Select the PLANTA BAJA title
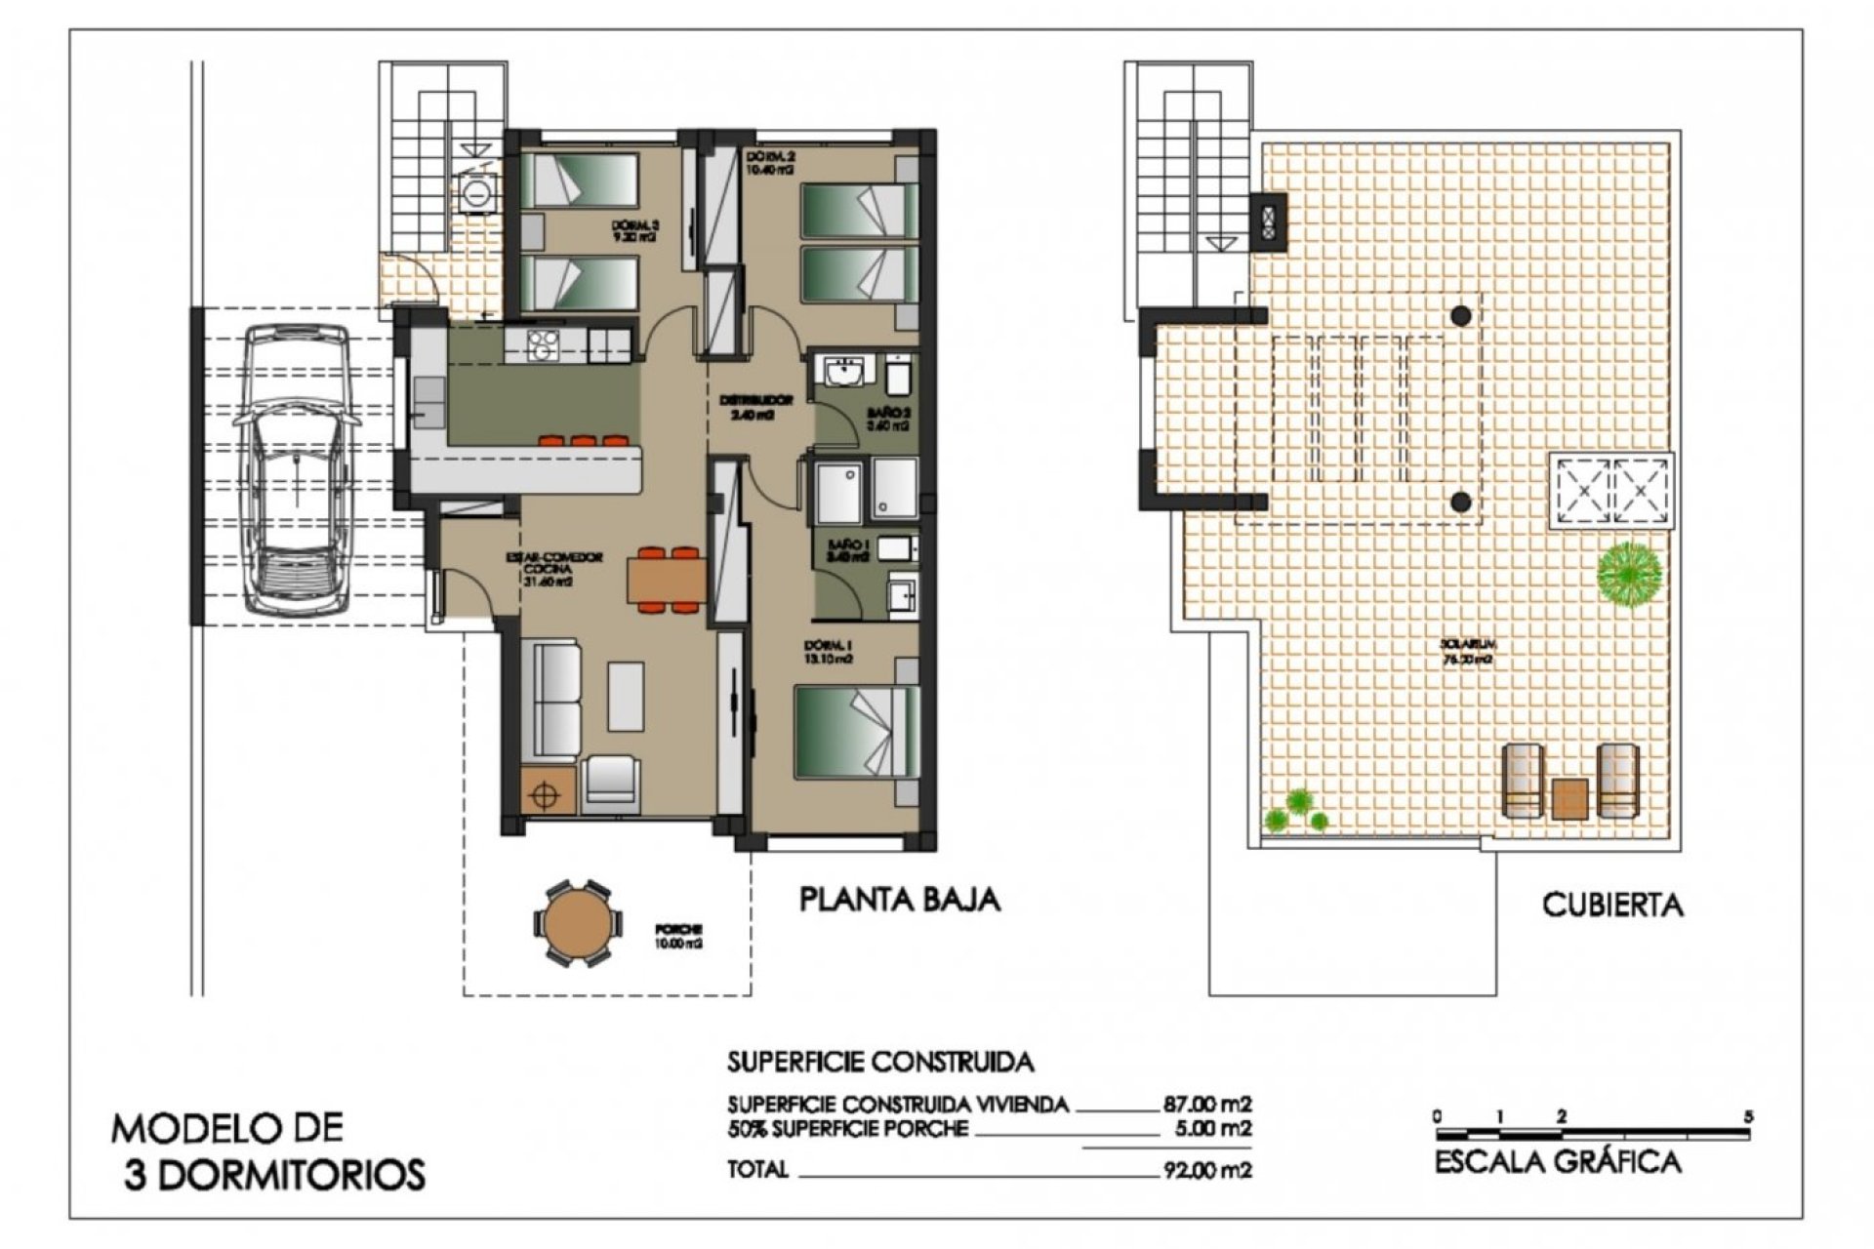pyautogui.click(x=899, y=899)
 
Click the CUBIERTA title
pyautogui.click(x=1612, y=905)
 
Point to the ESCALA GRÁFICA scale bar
pyautogui.click(x=1592, y=1135)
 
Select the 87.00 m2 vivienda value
pyautogui.click(x=1206, y=1105)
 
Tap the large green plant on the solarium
pyautogui.click(x=1629, y=574)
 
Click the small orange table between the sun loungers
pyautogui.click(x=1569, y=798)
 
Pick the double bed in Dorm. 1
pyautogui.click(x=857, y=732)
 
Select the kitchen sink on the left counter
pyautogui.click(x=427, y=400)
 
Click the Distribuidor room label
pyautogui.click(x=755, y=406)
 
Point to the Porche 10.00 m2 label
pyautogui.click(x=680, y=937)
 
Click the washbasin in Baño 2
pyautogui.click(x=842, y=373)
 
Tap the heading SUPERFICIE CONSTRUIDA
pyautogui.click(x=879, y=1061)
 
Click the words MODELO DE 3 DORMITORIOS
pyautogui.click(x=268, y=1151)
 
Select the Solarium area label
pyautogui.click(x=1468, y=651)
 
